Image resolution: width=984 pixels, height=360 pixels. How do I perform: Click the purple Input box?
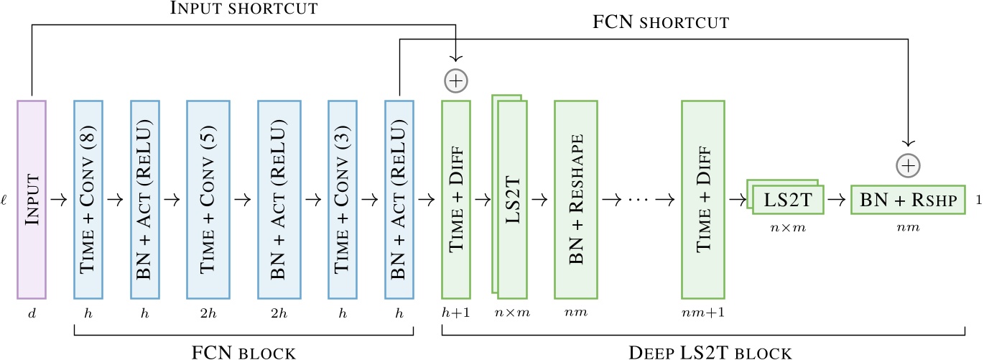[x=31, y=199]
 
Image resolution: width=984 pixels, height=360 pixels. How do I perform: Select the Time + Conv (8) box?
[x=88, y=199]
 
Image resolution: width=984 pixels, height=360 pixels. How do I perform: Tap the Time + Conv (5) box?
[x=207, y=199]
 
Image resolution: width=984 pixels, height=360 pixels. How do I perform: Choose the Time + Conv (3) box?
[x=343, y=199]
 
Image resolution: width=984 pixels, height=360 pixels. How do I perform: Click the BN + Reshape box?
[x=576, y=199]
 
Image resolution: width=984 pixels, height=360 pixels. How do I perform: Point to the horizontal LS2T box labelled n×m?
[x=788, y=200]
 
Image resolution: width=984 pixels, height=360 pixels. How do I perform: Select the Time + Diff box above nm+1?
[x=703, y=199]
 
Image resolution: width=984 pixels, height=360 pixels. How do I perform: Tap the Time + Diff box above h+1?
[x=456, y=199]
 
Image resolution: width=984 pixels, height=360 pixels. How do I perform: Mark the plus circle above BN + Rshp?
[x=909, y=166]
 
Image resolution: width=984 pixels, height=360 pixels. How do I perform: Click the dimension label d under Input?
[x=31, y=313]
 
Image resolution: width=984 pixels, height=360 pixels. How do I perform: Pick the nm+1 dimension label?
[x=703, y=313]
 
